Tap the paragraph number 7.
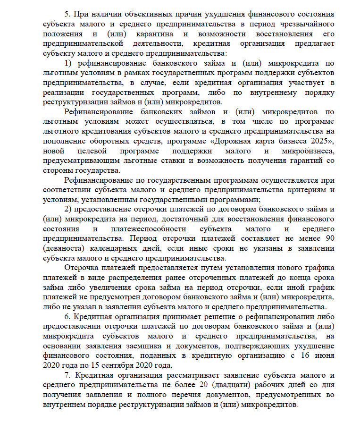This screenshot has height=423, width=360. pyautogui.click(x=67, y=375)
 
